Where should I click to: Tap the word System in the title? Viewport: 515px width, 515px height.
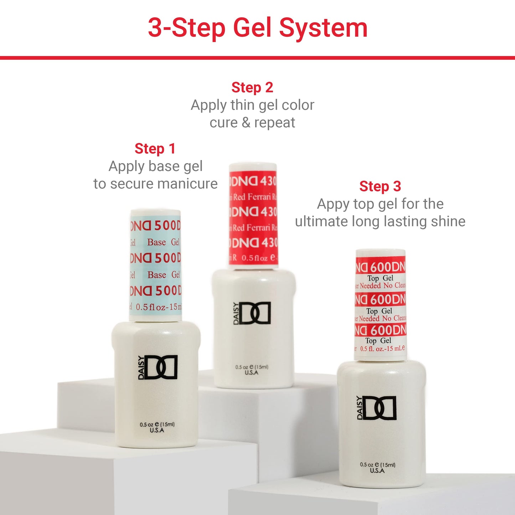[323, 28]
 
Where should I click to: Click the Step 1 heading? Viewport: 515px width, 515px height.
[155, 149]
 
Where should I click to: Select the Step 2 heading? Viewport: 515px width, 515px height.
[252, 87]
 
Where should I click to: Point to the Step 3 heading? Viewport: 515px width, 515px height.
[380, 186]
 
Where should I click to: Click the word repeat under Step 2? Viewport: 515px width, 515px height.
[274, 123]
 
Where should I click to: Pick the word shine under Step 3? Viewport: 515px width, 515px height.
[448, 221]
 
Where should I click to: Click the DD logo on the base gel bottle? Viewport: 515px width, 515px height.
[158, 367]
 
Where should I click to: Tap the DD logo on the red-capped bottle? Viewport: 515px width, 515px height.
[252, 313]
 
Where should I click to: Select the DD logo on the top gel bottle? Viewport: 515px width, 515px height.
[377, 408]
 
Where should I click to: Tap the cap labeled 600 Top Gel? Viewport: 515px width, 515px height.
[380, 305]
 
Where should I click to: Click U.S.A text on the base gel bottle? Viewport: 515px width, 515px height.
[157, 431]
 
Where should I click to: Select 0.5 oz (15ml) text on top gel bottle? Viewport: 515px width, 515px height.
[377, 465]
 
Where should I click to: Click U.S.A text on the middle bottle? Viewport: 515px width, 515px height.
[252, 372]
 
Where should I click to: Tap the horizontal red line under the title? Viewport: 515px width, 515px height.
[257, 58]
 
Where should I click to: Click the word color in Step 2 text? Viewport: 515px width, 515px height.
[298, 105]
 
